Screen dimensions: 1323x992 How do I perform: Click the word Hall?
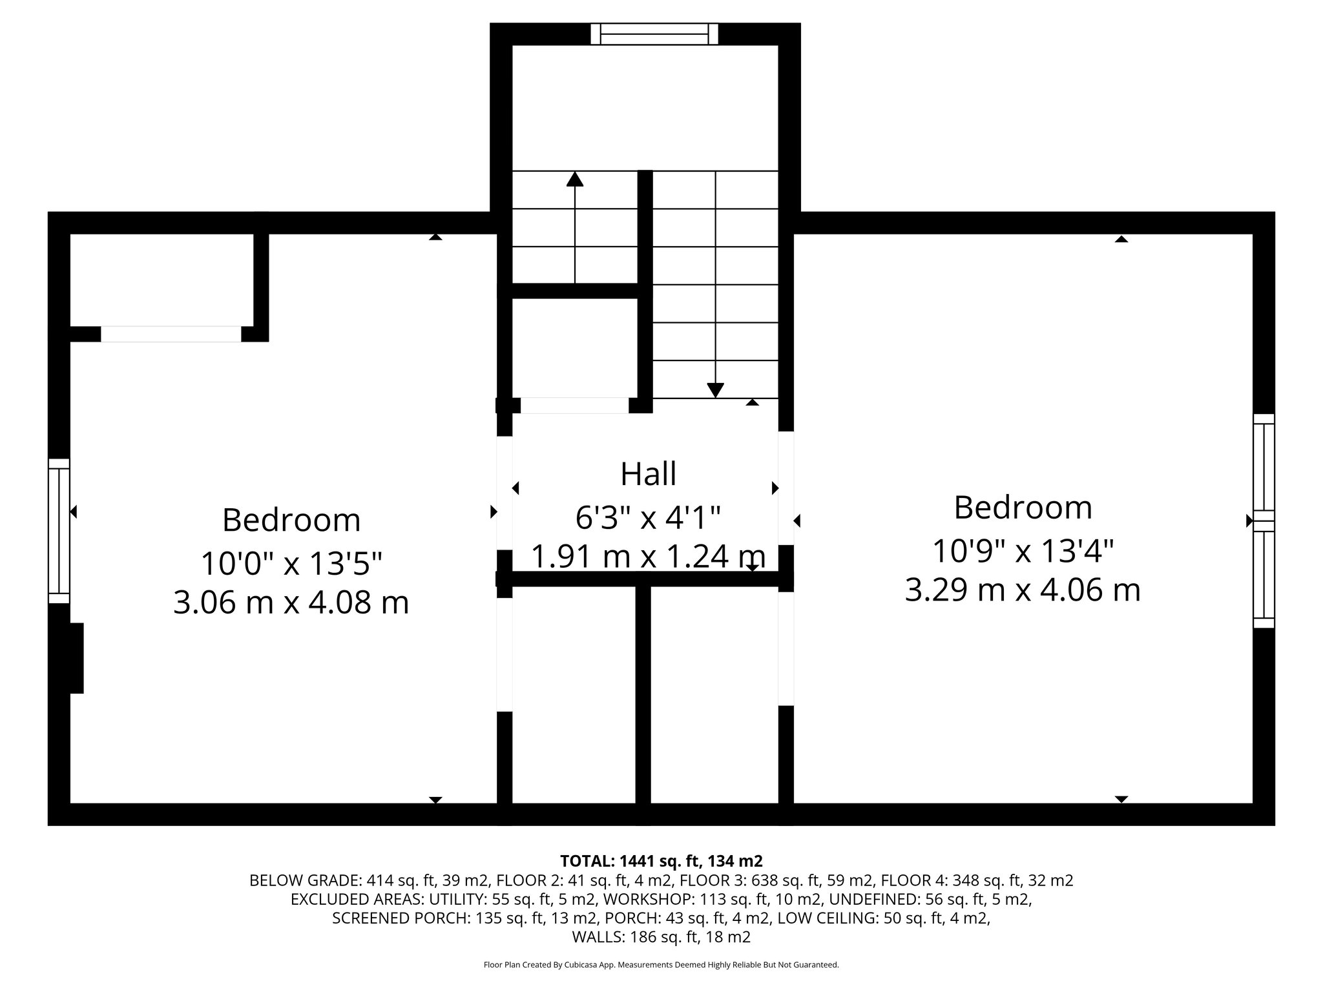[x=648, y=474]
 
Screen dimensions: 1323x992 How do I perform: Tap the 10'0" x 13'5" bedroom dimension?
[x=291, y=563]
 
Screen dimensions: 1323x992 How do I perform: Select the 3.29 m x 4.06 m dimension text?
[x=1023, y=590]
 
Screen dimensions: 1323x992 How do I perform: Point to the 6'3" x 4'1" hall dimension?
[x=648, y=517]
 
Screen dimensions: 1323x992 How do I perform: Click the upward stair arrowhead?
[x=574, y=179]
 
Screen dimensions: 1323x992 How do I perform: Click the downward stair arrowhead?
[x=715, y=390]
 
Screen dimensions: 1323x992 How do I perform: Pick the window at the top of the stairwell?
[x=654, y=34]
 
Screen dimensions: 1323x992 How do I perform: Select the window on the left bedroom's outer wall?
[x=59, y=531]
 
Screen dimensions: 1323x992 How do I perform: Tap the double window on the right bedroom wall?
[x=1264, y=521]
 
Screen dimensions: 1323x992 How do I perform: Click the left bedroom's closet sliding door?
[x=171, y=334]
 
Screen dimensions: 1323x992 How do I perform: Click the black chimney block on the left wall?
[x=76, y=658]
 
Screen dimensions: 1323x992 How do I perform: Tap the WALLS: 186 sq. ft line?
[x=661, y=937]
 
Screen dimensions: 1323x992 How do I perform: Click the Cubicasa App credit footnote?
[x=661, y=965]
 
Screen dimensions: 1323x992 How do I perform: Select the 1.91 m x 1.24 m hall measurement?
[x=648, y=556]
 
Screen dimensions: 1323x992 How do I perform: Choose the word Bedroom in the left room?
[x=291, y=520]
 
